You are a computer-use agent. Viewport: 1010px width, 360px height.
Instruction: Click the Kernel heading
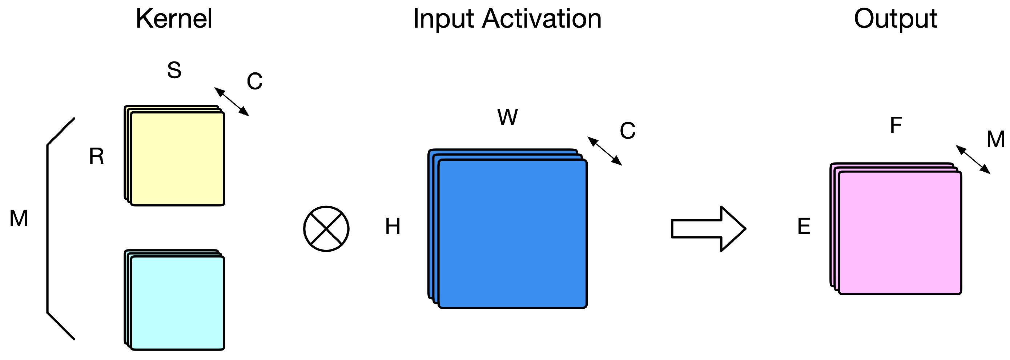pyautogui.click(x=174, y=19)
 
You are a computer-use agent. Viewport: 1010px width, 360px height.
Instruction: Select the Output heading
pyautogui.click(x=895, y=19)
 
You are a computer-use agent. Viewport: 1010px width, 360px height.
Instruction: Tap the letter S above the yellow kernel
pyautogui.click(x=174, y=70)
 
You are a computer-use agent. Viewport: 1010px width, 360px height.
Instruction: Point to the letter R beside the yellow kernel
pyautogui.click(x=96, y=156)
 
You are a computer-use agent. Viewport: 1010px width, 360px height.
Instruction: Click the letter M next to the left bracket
pyautogui.click(x=19, y=218)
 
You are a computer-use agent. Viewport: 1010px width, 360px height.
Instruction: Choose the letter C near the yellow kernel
pyautogui.click(x=254, y=81)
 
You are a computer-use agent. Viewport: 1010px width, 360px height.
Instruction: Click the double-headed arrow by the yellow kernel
pyautogui.click(x=232, y=101)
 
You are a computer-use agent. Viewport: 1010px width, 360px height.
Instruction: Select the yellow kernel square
pyautogui.click(x=177, y=159)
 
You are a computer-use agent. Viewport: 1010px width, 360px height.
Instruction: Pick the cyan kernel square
pyautogui.click(x=177, y=303)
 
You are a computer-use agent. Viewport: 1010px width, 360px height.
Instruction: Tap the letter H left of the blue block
pyautogui.click(x=393, y=226)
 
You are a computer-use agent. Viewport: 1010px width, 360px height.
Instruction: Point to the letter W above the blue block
pyautogui.click(x=507, y=117)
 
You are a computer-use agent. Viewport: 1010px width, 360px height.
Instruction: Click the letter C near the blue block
pyautogui.click(x=627, y=130)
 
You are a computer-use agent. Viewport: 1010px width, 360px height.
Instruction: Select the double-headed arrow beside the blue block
pyautogui.click(x=605, y=151)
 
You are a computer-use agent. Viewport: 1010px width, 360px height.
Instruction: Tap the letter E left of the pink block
pyautogui.click(x=804, y=226)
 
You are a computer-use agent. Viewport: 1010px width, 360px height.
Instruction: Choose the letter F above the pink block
pyautogui.click(x=896, y=125)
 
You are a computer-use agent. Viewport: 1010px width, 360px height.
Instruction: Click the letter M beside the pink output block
pyautogui.click(x=995, y=139)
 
